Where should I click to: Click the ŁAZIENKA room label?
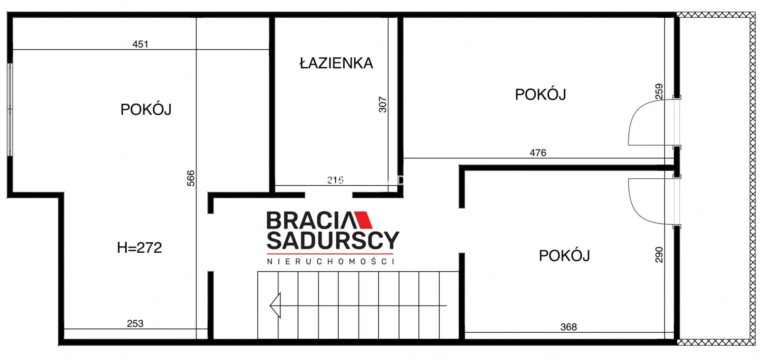coord(336,63)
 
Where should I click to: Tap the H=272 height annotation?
coord(139,248)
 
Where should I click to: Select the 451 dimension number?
coord(140,44)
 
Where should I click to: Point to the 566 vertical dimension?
coord(191,178)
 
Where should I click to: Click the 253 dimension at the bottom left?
coord(135,324)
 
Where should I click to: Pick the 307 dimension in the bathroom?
coord(383,104)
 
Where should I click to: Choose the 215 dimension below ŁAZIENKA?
coord(335,180)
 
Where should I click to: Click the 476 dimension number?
coord(538,153)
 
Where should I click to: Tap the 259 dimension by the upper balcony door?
coord(659,92)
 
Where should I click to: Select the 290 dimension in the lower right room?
coord(659,255)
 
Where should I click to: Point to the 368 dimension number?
coord(568,327)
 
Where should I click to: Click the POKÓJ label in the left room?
coord(146,109)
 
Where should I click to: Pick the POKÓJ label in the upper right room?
coord(540,94)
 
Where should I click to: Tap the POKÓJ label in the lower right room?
coord(564,256)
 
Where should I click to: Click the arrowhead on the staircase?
coord(275,305)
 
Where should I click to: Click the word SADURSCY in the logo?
coord(333,240)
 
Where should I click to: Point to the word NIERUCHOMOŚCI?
coord(331,261)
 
